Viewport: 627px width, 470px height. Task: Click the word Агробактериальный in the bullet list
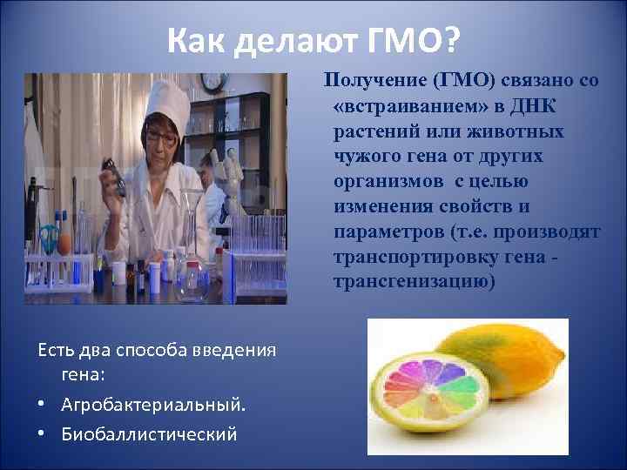pyautogui.click(x=153, y=404)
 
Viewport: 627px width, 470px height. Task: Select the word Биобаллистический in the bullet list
pyautogui.click(x=149, y=433)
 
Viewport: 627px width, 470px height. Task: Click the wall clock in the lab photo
pyautogui.click(x=213, y=82)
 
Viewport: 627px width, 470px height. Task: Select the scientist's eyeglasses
pyautogui.click(x=163, y=138)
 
